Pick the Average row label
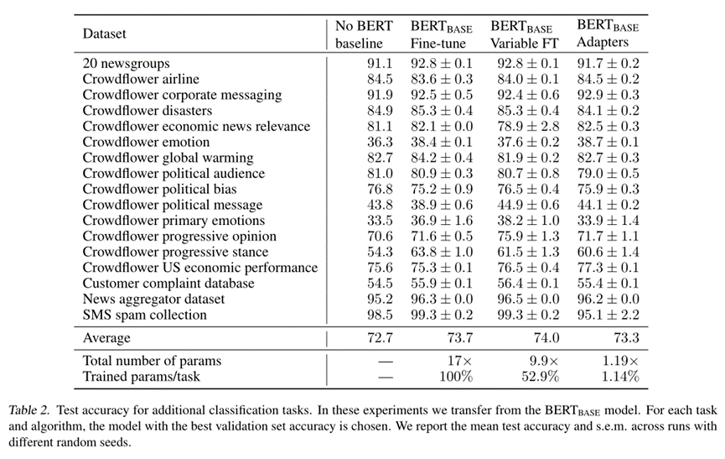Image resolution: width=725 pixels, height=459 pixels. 106,338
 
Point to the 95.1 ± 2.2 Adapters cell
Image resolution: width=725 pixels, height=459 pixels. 608,316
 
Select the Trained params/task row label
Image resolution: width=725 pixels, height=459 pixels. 139,377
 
